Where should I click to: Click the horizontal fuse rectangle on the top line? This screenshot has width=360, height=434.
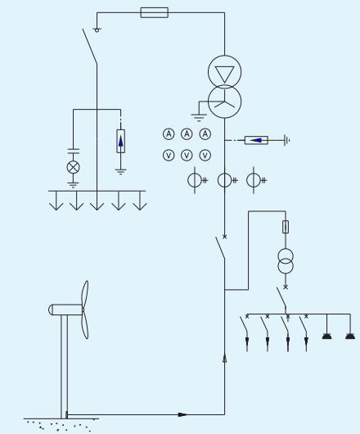coord(155,12)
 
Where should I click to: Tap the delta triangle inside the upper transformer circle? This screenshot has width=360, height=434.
coord(224,74)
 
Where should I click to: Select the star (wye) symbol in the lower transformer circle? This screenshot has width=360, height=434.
coord(224,103)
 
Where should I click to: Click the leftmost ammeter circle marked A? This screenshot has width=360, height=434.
coord(169,134)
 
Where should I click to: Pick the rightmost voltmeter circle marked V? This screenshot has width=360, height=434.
coord(205,156)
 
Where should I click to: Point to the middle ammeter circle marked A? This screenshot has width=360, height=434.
coord(187,134)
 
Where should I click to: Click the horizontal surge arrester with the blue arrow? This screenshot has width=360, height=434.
coord(256,140)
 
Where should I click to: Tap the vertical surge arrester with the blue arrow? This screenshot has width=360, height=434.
coord(120,141)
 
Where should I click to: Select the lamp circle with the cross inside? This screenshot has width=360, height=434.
coord(74,167)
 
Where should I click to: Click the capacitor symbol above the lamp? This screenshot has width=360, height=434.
coord(74,151)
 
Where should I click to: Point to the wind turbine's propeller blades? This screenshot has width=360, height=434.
coord(85,310)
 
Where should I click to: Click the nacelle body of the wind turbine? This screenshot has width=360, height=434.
coord(65,310)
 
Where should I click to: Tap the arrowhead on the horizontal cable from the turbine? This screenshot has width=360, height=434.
coord(182,414)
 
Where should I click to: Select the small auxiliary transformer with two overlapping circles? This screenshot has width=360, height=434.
coord(286,261)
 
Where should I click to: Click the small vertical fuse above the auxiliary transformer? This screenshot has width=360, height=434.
coord(286,227)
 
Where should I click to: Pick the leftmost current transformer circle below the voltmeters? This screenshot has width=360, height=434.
coord(195,180)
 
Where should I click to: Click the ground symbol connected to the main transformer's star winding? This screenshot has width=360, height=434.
coord(199,117)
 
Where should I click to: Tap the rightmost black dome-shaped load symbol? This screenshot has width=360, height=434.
coord(350,337)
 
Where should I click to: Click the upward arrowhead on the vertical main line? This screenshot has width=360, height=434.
coord(224,358)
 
